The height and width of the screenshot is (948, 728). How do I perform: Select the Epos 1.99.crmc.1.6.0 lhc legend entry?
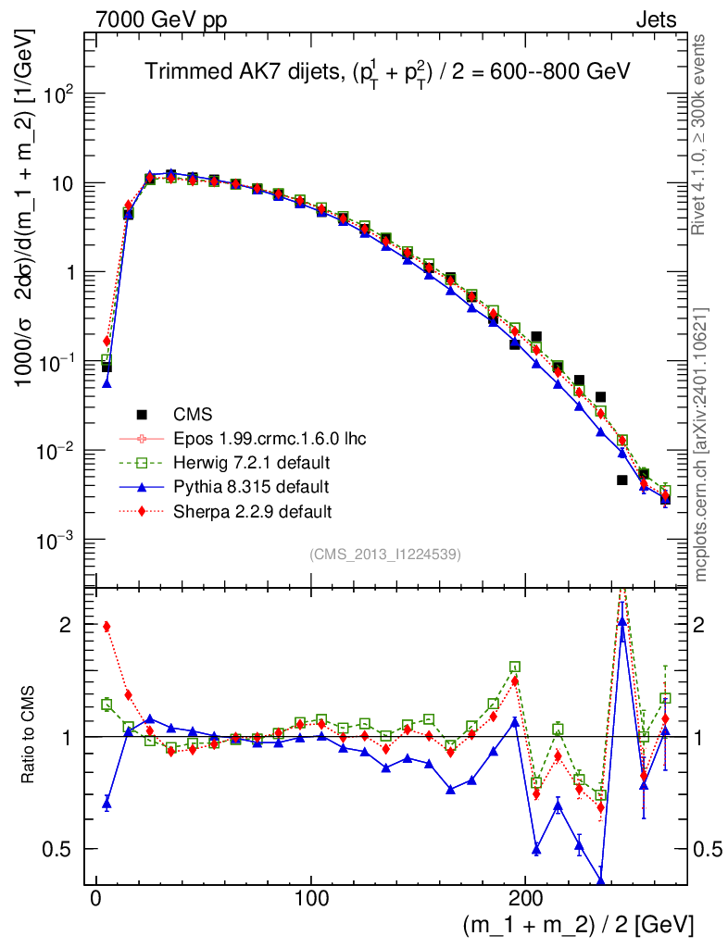coord(269,438)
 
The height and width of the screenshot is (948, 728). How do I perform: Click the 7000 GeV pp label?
coord(157,19)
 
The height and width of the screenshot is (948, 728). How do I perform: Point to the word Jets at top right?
coord(656,19)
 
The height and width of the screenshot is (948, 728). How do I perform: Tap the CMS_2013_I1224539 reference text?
coord(385,555)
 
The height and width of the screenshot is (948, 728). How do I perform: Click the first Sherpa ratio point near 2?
coord(107,627)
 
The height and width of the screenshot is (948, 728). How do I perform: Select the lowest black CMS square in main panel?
coord(622,480)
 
